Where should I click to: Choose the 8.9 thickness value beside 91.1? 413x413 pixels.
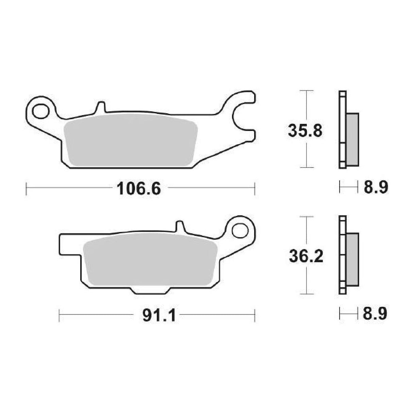point(375,314)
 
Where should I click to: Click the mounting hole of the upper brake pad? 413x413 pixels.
point(40,111)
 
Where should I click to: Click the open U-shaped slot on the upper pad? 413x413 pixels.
point(244,115)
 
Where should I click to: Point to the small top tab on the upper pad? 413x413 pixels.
point(100,106)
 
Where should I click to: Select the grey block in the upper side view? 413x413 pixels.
point(352,139)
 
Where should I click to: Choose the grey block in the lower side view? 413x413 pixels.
point(352,260)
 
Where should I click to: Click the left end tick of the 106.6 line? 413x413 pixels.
point(27,189)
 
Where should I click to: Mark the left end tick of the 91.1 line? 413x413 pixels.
point(60,316)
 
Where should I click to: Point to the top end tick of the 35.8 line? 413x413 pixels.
point(307,91)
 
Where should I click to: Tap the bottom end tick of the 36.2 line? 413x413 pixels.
point(307,294)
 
